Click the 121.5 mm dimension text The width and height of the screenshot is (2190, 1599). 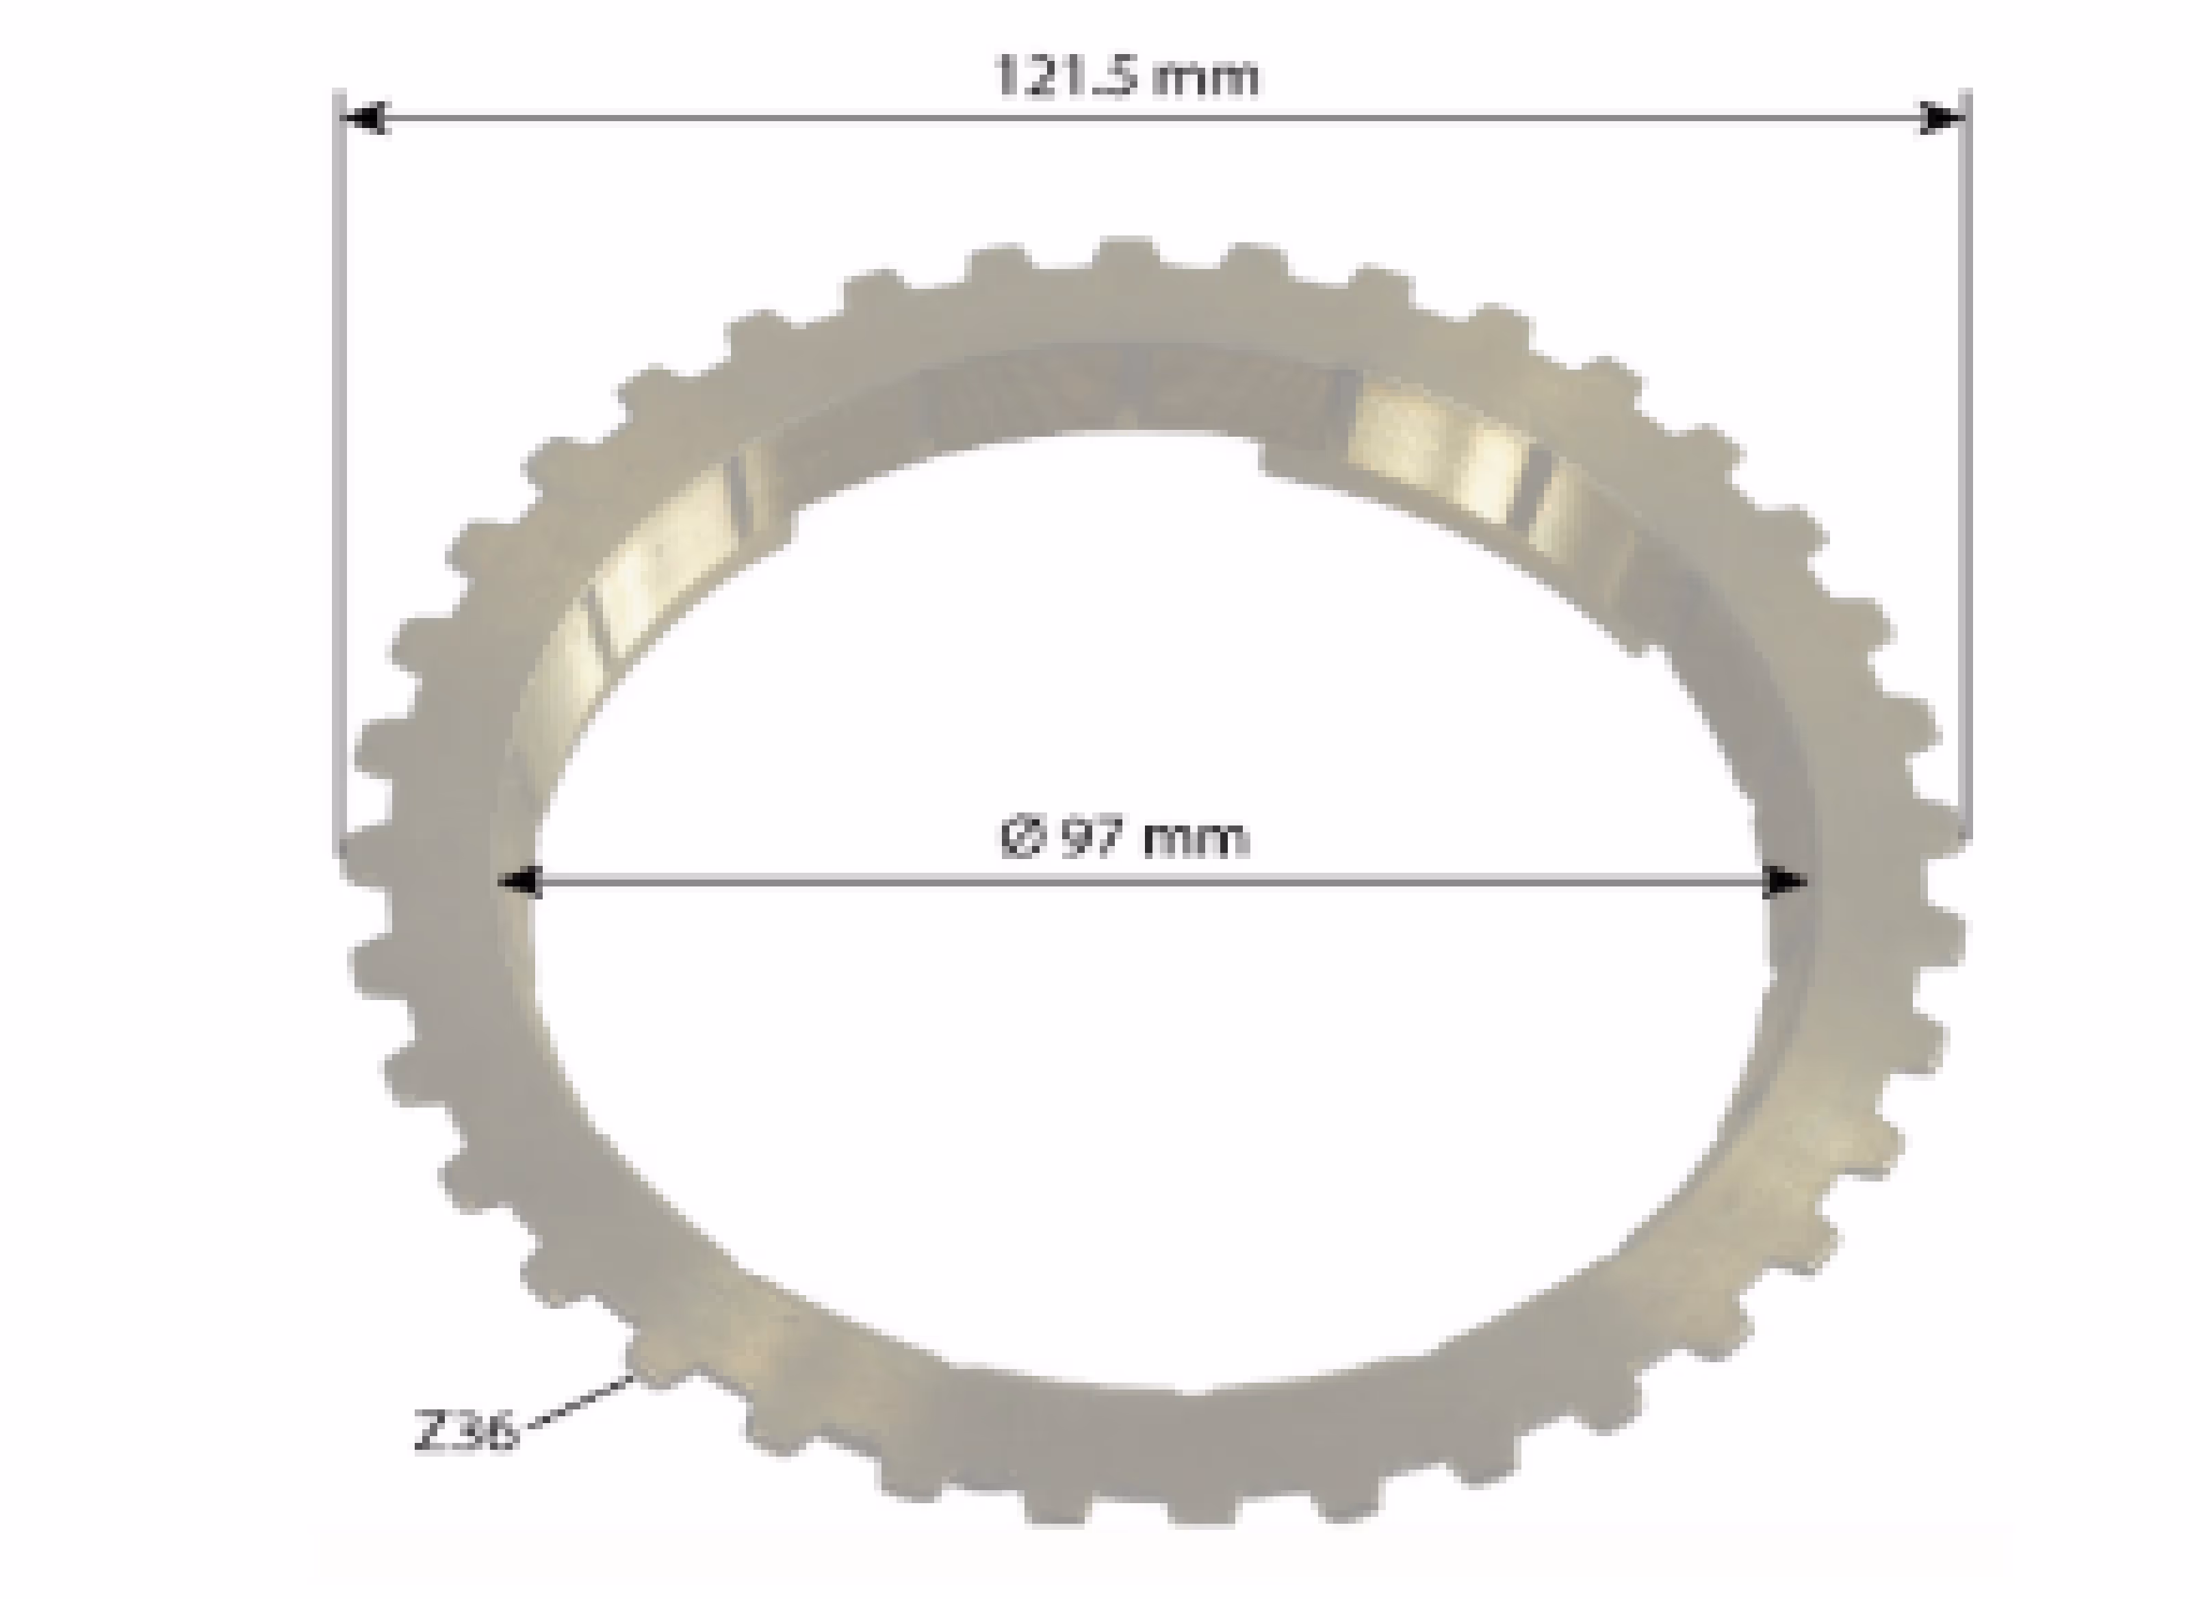1127,77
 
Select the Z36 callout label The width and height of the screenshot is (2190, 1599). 465,1431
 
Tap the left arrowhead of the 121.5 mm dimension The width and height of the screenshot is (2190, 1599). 367,118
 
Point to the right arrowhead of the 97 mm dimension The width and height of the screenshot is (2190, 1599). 1783,882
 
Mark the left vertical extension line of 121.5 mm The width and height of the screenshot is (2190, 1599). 339,474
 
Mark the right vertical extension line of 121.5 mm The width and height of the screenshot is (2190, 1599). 1966,465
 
